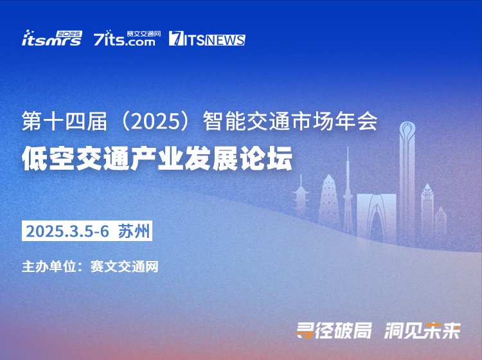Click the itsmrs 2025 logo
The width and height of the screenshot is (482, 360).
(52, 38)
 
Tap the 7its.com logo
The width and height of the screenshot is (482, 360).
(127, 38)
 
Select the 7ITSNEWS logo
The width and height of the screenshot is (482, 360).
(207, 39)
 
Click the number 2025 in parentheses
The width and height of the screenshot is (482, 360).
(155, 122)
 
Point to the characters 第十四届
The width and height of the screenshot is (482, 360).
(64, 122)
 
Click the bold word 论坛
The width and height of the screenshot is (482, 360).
(265, 159)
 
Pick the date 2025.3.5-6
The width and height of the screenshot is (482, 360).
(67, 231)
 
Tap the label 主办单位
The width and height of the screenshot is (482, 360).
(49, 267)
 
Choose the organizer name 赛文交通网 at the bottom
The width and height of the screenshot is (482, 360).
(125, 267)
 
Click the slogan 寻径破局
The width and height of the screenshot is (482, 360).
(334, 331)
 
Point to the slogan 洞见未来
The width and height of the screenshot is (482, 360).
(422, 331)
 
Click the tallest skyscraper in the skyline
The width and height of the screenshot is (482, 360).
(407, 181)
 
